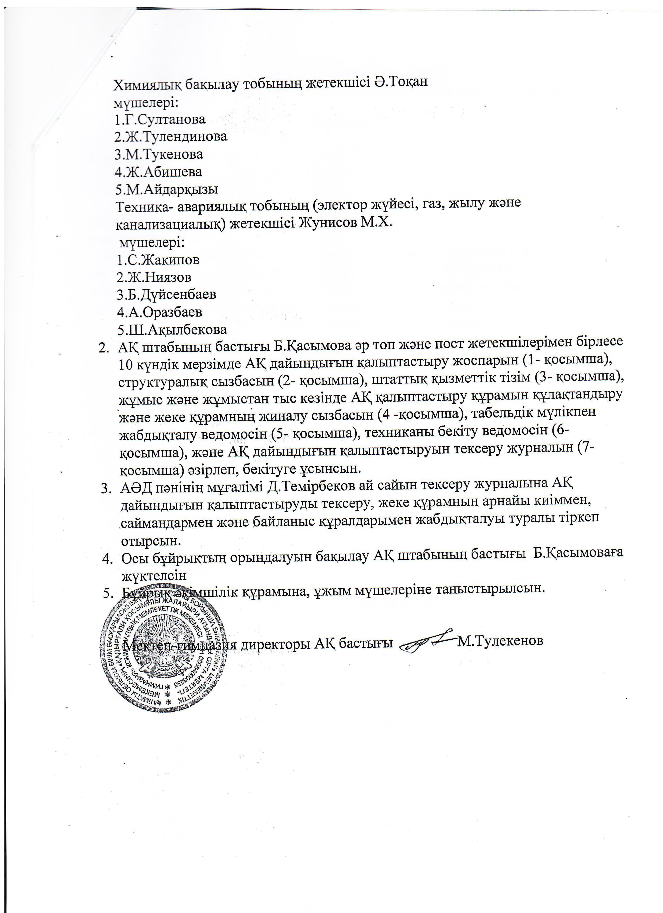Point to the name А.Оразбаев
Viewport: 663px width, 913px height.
pyautogui.click(x=165, y=312)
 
